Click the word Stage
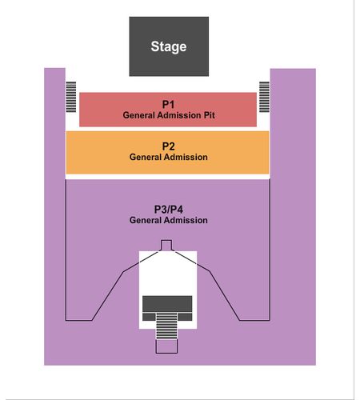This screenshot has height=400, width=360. click(x=169, y=47)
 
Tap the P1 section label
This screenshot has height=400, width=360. click(x=168, y=104)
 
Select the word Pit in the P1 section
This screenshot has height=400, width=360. click(x=210, y=115)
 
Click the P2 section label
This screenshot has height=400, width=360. click(x=168, y=146)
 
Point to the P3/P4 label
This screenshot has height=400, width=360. click(x=169, y=210)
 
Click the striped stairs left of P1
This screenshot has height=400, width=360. click(x=71, y=97)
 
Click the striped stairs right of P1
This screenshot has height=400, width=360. click(x=264, y=97)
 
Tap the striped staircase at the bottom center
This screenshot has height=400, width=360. click(x=166, y=326)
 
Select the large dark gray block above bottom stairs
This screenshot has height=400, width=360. click(x=167, y=304)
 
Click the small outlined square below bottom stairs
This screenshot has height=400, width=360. click(x=166, y=346)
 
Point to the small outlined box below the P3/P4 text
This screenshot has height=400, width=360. click(x=166, y=246)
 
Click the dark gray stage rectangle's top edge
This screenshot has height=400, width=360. click(x=169, y=17)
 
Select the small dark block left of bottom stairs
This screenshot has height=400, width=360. click(x=149, y=317)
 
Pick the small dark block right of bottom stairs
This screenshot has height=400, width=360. click(x=185, y=317)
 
